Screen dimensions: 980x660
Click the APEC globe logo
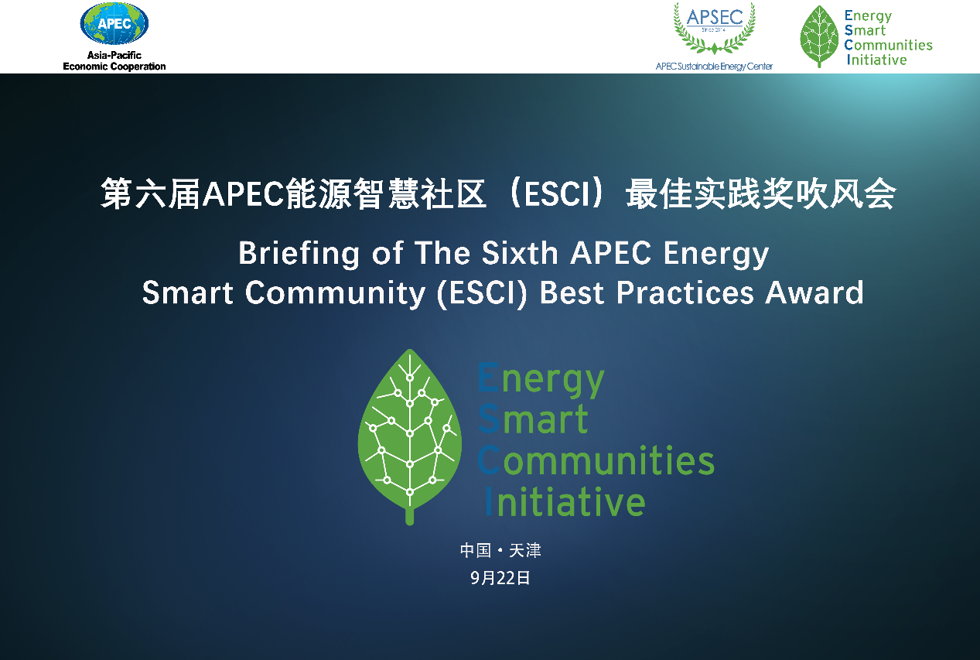(114, 23)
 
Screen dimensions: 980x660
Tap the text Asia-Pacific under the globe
(114, 55)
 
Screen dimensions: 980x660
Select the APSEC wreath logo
(715, 28)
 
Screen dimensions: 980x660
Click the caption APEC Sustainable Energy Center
(714, 66)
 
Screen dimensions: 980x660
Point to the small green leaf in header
(819, 36)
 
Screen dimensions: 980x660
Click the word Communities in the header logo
(888, 45)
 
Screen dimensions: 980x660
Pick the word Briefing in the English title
(299, 255)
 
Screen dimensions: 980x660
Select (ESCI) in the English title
(482, 293)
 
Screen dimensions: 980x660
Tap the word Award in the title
(814, 292)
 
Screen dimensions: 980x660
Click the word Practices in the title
(685, 292)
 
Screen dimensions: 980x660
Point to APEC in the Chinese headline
(243, 194)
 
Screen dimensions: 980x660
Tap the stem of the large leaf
(409, 516)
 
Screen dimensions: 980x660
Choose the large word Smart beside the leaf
(533, 419)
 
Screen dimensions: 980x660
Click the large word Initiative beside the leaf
(565, 501)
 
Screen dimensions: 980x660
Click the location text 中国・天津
(500, 550)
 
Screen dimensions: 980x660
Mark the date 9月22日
(500, 578)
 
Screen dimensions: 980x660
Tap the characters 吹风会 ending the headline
(845, 194)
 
